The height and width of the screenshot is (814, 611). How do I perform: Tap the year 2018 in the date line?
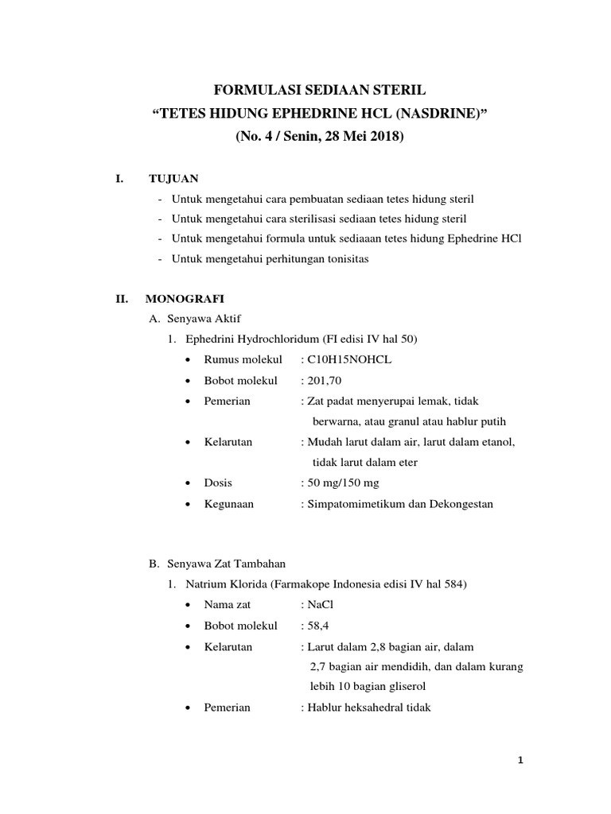pyautogui.click(x=385, y=136)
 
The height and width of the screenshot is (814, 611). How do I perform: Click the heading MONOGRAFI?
pyautogui.click(x=185, y=299)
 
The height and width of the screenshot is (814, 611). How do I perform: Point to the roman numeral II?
pyautogui.click(x=123, y=299)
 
